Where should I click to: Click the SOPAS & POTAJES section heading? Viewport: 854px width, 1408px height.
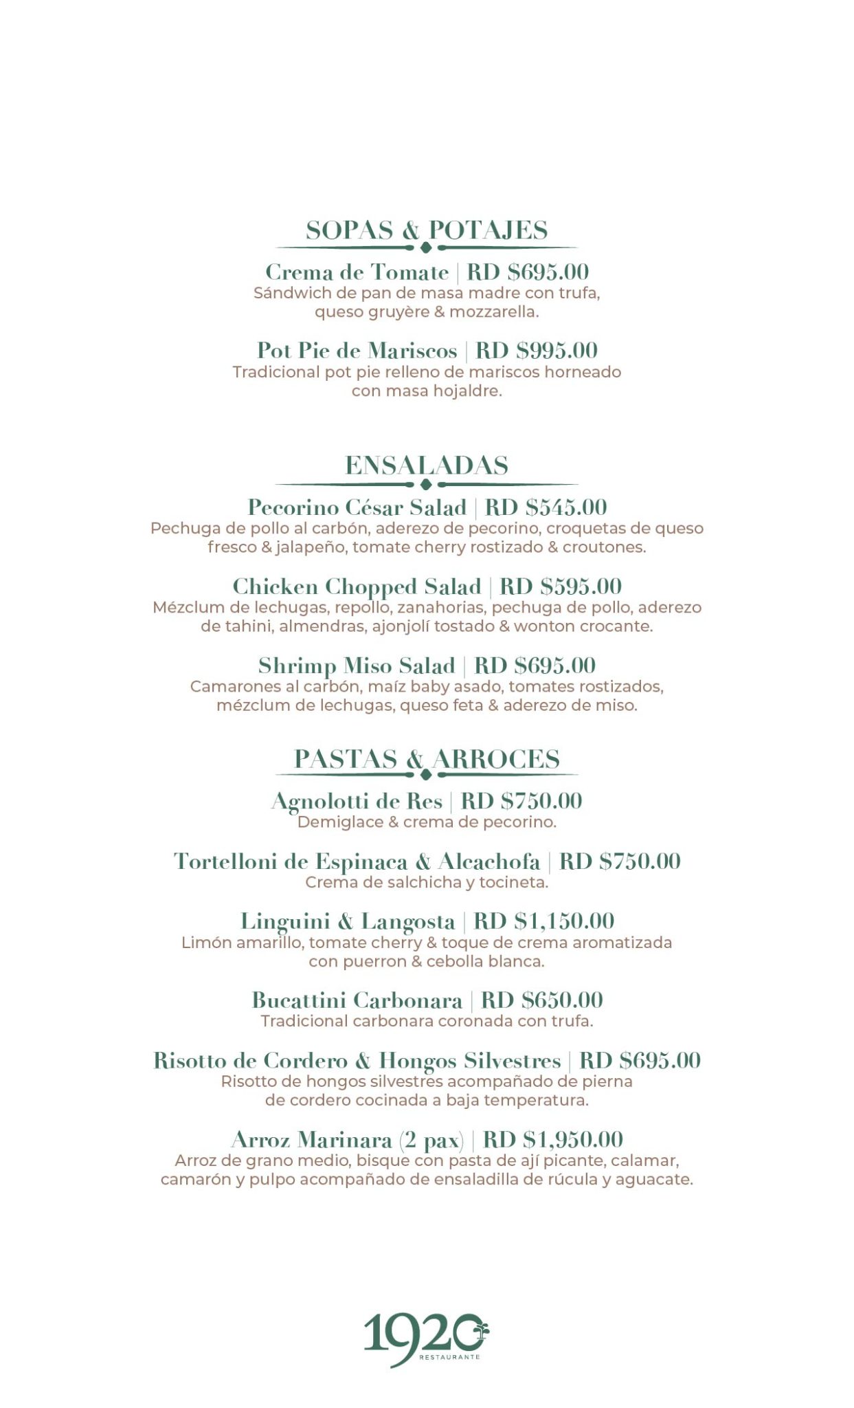(x=427, y=230)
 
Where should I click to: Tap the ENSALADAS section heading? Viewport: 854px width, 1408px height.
(x=427, y=465)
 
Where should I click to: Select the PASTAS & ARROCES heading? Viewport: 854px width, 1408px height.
(x=427, y=759)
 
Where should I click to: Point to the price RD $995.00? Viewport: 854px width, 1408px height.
(x=537, y=351)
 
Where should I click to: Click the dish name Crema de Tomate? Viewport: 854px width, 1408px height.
(x=357, y=272)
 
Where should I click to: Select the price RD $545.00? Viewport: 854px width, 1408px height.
(x=546, y=507)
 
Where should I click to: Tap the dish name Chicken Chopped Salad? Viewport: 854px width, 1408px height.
(x=357, y=586)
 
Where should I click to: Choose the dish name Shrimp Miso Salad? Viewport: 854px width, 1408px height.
(x=357, y=665)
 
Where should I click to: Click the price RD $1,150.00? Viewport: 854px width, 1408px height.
(x=543, y=921)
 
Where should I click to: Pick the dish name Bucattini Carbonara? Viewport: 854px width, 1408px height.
(x=357, y=1000)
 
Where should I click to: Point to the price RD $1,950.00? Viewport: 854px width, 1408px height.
(x=553, y=1140)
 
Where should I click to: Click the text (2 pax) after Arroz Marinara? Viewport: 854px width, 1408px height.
(x=431, y=1140)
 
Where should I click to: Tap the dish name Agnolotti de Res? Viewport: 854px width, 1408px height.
(x=357, y=801)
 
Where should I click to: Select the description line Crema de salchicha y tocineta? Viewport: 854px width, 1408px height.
(x=427, y=882)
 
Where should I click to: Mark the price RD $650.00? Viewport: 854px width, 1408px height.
(x=541, y=1000)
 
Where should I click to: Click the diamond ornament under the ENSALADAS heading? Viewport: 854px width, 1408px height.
(x=426, y=484)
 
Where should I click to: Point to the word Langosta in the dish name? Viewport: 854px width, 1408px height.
(x=408, y=921)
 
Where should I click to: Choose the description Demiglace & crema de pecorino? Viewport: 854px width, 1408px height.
(x=427, y=822)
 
